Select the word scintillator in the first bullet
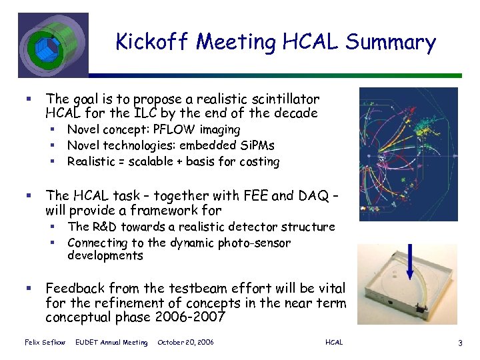[285, 98]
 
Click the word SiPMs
[257, 145]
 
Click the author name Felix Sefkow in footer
[44, 342]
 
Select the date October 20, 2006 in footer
[185, 342]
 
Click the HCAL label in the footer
[334, 342]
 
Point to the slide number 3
[460, 343]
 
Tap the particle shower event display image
[409, 154]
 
